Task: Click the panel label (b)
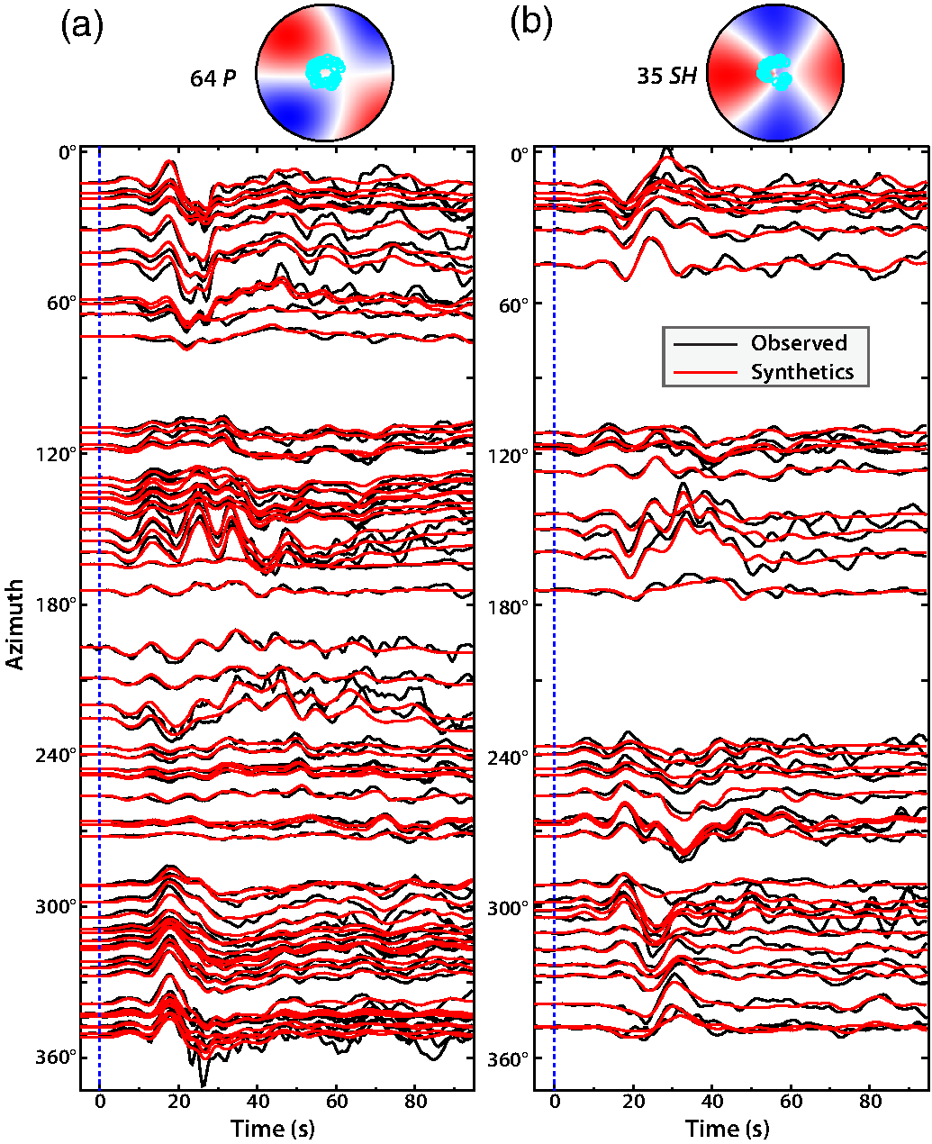pos(531,25)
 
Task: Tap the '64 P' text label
pos(213,78)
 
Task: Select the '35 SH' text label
pos(666,77)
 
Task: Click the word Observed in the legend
pos(799,343)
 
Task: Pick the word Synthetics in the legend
pos(802,372)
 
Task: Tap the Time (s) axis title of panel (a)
pos(273,1129)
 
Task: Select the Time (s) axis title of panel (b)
pos(728,1129)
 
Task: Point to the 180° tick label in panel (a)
pos(57,604)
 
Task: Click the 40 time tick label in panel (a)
pos(258,1103)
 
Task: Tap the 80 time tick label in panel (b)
pos(871,1103)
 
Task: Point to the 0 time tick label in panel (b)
pos(555,1103)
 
